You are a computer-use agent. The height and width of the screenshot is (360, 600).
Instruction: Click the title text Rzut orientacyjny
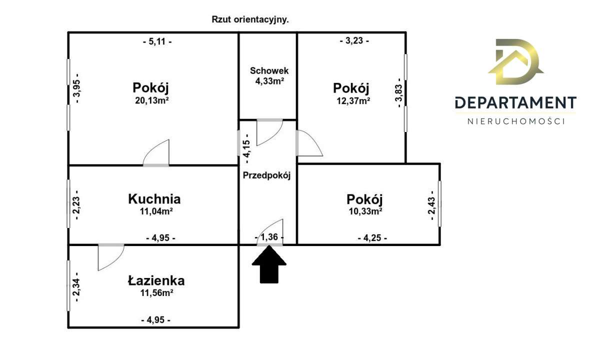coord(251,20)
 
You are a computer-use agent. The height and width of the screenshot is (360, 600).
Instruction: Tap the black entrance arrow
coord(269,265)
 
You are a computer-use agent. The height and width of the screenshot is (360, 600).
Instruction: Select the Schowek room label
coord(269,71)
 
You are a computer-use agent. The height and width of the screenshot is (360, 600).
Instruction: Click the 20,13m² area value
coord(150,100)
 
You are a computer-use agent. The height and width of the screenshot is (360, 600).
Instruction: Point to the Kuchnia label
coord(154,199)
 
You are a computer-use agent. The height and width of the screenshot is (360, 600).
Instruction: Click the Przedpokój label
coord(266,175)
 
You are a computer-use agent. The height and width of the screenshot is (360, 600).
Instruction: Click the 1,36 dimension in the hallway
coord(269,237)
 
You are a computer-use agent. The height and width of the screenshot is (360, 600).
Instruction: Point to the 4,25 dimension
coord(372,238)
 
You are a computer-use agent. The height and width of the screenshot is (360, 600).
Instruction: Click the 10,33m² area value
coord(364,211)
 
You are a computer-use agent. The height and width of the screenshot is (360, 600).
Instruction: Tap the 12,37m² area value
coord(353,100)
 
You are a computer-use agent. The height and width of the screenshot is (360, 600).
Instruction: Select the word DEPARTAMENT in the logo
coord(515,103)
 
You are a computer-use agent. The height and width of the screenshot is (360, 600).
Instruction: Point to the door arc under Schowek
coord(268,131)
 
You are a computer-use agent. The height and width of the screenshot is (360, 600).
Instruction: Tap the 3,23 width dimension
coord(354,41)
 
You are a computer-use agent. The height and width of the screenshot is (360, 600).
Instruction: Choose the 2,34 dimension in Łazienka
coord(76,287)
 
